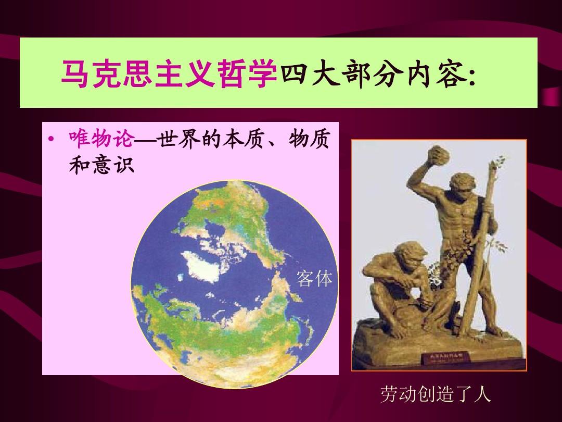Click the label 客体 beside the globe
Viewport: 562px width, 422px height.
(x=314, y=279)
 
